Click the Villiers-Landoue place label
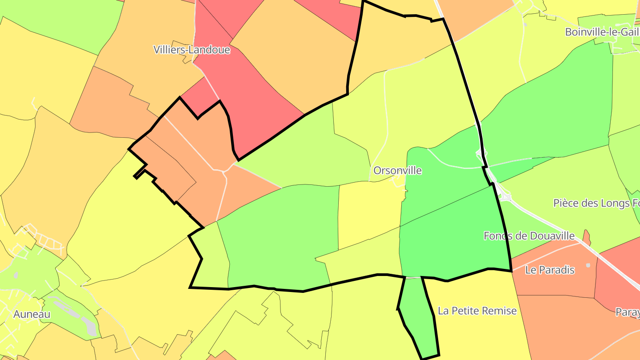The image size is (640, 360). [192, 50]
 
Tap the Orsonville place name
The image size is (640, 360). [397, 171]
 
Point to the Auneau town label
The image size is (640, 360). [32, 314]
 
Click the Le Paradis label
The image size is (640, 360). [550, 270]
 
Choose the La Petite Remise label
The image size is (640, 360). [477, 311]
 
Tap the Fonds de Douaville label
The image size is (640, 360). [529, 236]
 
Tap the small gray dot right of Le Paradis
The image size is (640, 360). [588, 265]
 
